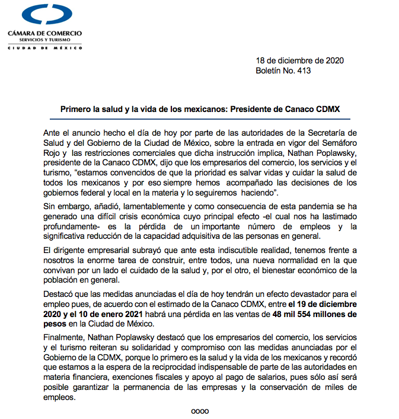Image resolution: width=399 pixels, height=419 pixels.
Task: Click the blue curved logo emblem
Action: tap(44, 14)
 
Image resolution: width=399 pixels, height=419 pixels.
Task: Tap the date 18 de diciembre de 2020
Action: tap(299, 60)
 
